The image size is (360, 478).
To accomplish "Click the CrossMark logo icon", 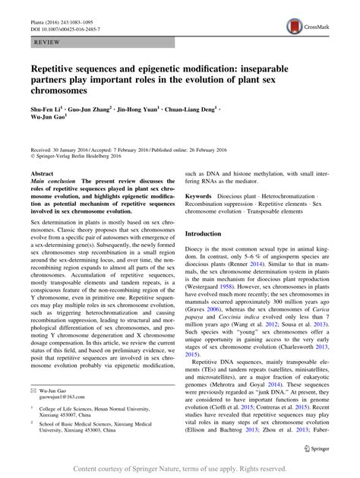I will click(x=295, y=26).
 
